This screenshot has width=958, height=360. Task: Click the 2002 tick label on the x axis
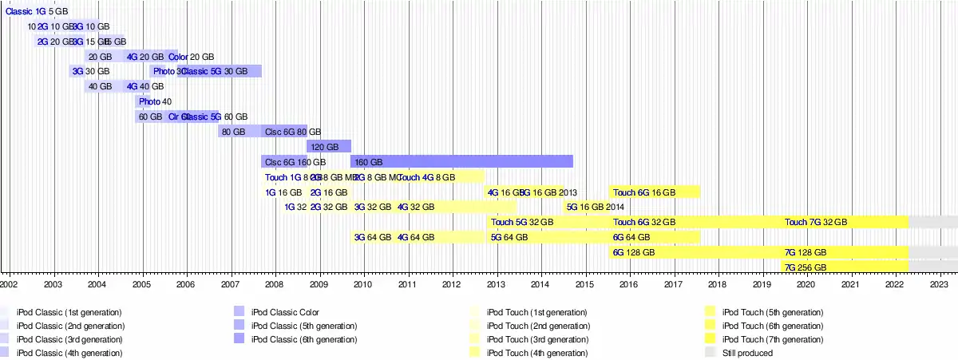coord(9,283)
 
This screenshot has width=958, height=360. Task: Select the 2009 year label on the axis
coord(319,283)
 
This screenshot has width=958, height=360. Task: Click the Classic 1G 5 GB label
coord(37,12)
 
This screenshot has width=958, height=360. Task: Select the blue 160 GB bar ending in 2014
coord(461,161)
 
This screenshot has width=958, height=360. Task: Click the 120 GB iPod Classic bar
coord(329,147)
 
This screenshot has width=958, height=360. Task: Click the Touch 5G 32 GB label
coord(522,222)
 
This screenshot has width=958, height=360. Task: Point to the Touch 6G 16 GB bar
coord(655,192)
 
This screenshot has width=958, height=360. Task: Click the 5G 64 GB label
coord(509,237)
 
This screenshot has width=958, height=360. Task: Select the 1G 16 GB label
coord(283,192)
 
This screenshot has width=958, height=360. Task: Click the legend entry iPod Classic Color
coord(285,312)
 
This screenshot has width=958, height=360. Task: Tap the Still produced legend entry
coord(747,352)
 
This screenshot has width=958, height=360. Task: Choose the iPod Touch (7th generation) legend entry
coord(773,339)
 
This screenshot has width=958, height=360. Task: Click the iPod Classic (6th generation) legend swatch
coord(239,339)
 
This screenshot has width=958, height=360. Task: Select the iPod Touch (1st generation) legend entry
coord(536,312)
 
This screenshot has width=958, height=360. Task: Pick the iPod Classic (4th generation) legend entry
coord(69,352)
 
